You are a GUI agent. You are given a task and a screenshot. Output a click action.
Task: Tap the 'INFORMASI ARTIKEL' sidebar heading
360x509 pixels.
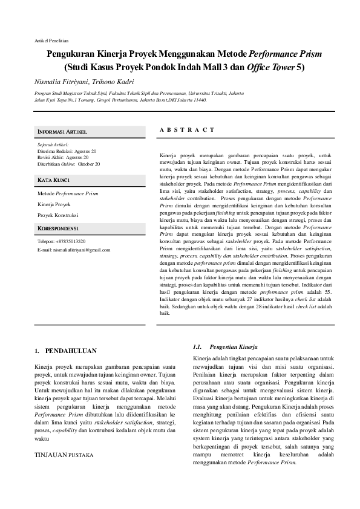pyautogui.click(x=63, y=131)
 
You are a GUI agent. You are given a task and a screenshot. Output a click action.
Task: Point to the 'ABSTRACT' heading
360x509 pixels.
pyautogui.click(x=187, y=130)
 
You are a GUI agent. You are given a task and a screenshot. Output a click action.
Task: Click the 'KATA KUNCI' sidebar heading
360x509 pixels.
pyautogui.click(x=54, y=180)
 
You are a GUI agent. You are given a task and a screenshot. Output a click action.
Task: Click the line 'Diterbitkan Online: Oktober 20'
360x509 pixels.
pyautogui.click(x=69, y=163)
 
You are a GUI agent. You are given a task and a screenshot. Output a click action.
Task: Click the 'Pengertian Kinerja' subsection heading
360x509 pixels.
pyautogui.click(x=233, y=347)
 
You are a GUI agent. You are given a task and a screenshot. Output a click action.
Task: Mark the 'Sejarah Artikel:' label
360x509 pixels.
pyautogui.click(x=53, y=145)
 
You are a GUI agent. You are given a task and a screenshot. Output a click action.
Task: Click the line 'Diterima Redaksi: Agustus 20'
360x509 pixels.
pyautogui.click(x=67, y=151)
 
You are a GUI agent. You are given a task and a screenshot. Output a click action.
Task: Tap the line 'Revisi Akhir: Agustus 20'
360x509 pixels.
pyautogui.click(x=63, y=157)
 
